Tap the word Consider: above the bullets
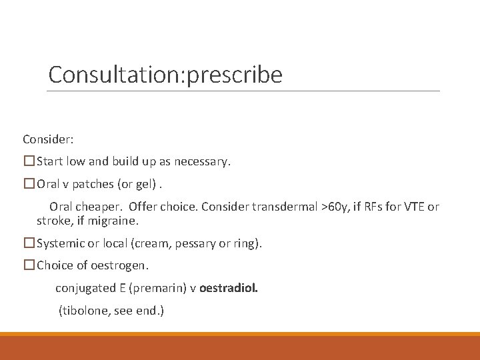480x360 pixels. click(48, 139)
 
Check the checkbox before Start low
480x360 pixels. click(29, 161)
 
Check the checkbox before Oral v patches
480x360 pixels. click(29, 184)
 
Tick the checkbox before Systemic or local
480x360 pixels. click(29, 243)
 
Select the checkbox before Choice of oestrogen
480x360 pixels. click(29, 265)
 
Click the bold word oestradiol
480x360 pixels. click(229, 288)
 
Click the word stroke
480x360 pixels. click(51, 220)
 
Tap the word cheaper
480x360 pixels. click(99, 207)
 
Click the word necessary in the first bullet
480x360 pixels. click(202, 161)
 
